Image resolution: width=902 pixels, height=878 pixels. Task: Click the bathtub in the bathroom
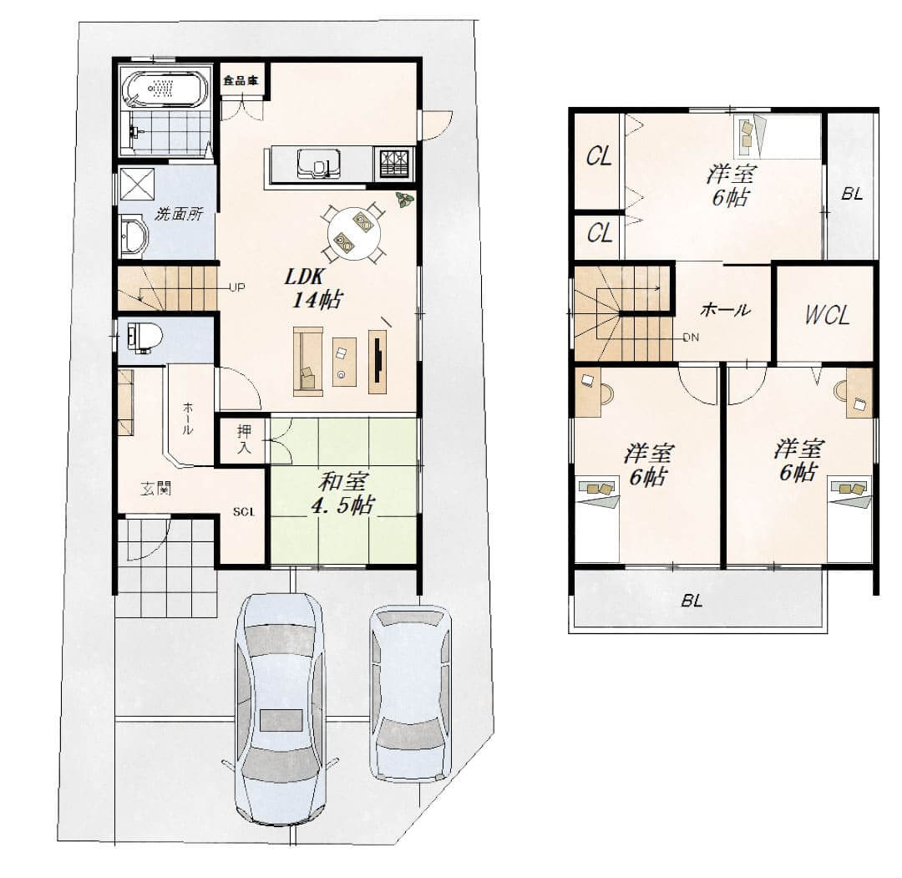coord(166,88)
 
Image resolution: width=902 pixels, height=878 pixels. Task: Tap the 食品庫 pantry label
coord(241,80)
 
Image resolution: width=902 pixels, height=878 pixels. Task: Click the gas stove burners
coord(394,162)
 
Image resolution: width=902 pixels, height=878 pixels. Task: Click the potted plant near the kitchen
coord(404,200)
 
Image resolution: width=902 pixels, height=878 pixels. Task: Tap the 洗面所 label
coord(179,214)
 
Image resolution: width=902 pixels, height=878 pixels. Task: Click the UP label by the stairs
coord(237,287)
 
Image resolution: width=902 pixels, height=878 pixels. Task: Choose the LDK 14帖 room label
coord(314,288)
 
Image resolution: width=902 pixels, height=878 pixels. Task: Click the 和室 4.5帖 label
coord(343,493)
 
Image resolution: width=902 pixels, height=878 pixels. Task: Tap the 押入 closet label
coord(244,439)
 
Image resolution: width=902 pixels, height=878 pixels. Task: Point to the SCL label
coord(243,511)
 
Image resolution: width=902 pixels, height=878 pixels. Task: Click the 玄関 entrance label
coord(156,490)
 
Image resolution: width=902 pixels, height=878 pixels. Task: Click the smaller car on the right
coord(409,693)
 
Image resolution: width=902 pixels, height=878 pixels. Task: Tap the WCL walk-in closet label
coord(827,315)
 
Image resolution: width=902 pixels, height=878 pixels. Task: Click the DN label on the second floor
coord(692,337)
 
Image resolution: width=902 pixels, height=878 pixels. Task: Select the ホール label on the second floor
coord(726,310)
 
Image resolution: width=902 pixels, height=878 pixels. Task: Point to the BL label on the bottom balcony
coord(692,601)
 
